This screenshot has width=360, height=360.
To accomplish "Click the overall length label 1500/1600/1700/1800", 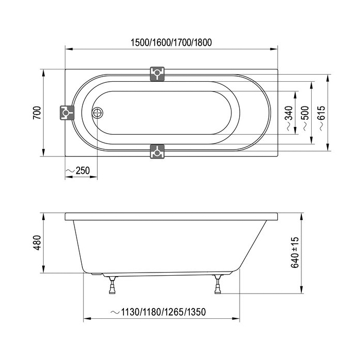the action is pyautogui.click(x=171, y=43).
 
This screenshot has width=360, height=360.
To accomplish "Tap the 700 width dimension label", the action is pyautogui.click(x=37, y=113).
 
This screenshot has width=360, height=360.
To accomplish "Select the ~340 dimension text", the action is pyautogui.click(x=290, y=118).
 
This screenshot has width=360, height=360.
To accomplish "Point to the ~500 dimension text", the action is pyautogui.click(x=306, y=118).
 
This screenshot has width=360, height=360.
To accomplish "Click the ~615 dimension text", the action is pyautogui.click(x=322, y=118).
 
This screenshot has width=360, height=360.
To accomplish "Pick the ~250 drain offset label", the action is pyautogui.click(x=78, y=171).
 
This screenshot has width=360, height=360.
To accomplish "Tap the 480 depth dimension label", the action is pyautogui.click(x=37, y=243).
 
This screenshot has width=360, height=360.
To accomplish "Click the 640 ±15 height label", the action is pyautogui.click(x=295, y=253).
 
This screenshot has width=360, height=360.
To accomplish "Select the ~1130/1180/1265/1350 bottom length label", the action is pyautogui.click(x=158, y=312).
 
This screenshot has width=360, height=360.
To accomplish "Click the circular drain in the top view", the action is pyautogui.click(x=98, y=113).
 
